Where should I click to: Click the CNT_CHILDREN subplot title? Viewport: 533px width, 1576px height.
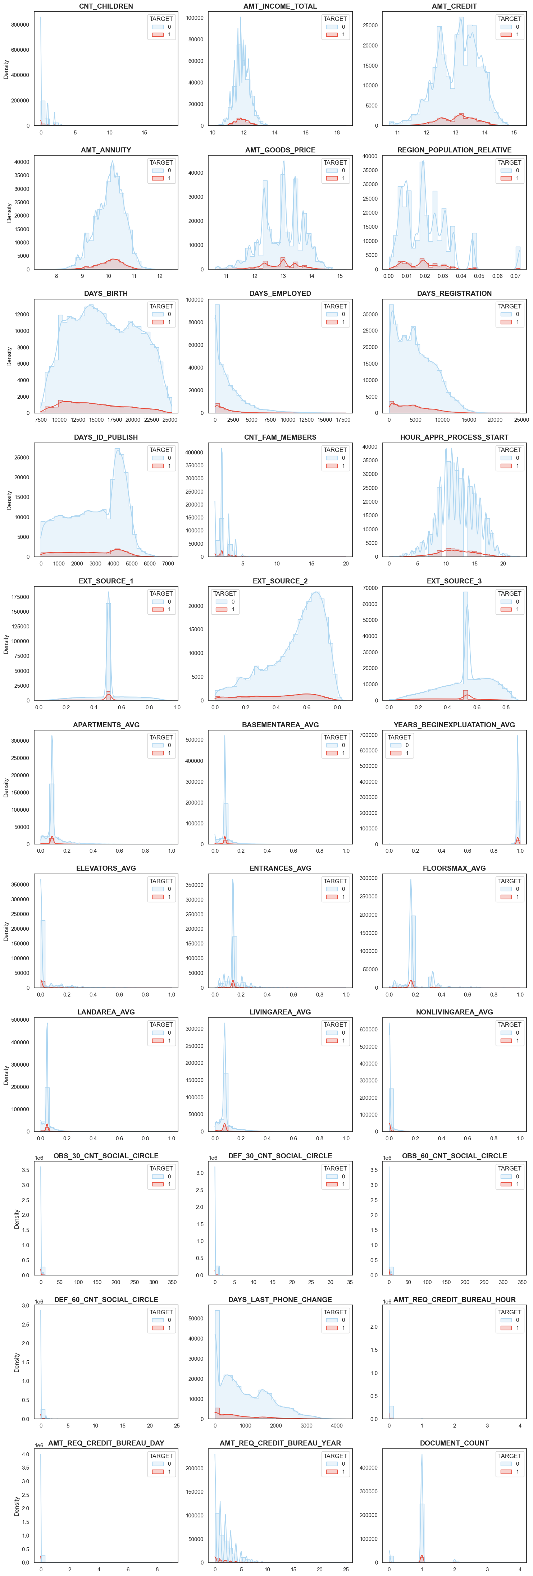click(x=106, y=6)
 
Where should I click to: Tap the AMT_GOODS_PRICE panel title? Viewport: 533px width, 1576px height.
click(x=280, y=150)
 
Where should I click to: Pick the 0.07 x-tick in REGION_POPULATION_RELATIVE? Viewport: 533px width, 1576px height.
click(x=516, y=276)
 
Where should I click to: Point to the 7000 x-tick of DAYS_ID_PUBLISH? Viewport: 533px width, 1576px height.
click(x=168, y=563)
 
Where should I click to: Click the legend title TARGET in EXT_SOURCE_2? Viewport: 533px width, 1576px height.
click(x=224, y=594)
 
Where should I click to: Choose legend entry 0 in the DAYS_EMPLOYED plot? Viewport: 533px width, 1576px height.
click(x=343, y=315)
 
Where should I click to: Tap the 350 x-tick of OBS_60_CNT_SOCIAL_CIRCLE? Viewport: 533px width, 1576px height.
click(x=522, y=1282)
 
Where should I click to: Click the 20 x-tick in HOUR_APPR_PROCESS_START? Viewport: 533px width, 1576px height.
click(x=503, y=563)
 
